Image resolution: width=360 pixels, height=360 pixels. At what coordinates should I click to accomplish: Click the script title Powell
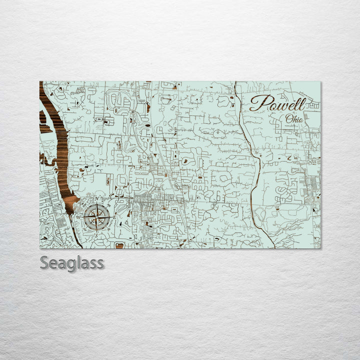[x=277, y=103]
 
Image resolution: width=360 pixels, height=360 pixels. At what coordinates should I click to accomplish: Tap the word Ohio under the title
[x=293, y=119]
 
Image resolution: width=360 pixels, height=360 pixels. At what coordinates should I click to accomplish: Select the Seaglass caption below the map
[x=72, y=262]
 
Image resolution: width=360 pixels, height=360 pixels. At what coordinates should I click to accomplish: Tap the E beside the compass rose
[x=115, y=217]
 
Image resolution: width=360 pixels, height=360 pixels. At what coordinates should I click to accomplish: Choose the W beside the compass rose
[x=78, y=217]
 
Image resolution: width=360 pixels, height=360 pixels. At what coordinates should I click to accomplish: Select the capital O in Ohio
[x=288, y=119]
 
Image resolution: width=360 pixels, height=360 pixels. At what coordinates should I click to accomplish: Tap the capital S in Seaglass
[x=44, y=262]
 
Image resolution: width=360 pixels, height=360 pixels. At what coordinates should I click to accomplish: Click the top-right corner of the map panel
[x=320, y=81]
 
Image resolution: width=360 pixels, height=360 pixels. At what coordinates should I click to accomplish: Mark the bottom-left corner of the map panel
[x=40, y=248]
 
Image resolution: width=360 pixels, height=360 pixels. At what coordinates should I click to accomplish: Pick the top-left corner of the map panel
[x=40, y=81]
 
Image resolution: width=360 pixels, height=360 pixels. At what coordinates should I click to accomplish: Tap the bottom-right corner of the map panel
[x=320, y=248]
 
